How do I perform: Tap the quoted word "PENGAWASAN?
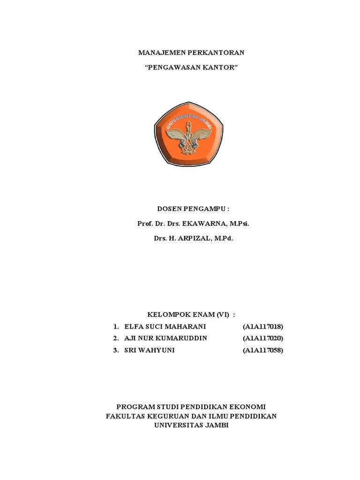coord(171,67)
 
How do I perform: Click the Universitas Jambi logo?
coord(189,135)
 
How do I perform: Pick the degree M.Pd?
coord(224,238)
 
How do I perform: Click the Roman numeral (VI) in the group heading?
coord(223,314)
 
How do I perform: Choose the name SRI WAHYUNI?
coord(150,350)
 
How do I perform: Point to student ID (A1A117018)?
coord(263,326)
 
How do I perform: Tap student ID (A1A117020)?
coord(263,338)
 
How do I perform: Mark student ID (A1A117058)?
coord(263,350)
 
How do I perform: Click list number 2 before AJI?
coord(115,338)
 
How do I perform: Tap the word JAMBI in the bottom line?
coord(216,425)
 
